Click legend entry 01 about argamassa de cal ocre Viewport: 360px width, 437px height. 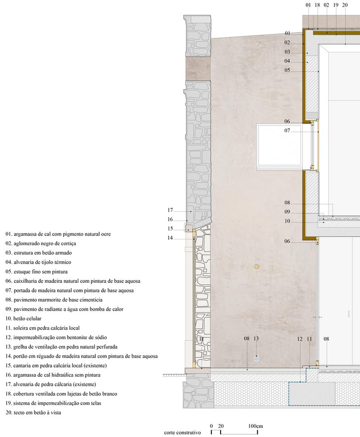58,234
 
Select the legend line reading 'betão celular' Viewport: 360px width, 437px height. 23,319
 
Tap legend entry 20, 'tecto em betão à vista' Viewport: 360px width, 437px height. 33,413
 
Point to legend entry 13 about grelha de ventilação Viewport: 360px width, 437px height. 61,347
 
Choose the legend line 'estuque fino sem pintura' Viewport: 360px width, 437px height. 36,271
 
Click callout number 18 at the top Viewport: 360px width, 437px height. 317,5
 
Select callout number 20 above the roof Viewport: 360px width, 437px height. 345,5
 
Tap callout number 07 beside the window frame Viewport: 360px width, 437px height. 287,131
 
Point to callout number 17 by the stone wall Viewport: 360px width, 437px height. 170,210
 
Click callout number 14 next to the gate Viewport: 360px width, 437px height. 170,238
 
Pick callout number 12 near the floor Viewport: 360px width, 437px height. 300,339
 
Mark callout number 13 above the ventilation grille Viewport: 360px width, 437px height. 256,338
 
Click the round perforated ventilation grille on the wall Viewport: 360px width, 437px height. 256,359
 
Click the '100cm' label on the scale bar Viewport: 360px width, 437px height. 256,426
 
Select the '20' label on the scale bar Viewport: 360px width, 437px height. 220,426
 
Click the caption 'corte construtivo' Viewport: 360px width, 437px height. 182,432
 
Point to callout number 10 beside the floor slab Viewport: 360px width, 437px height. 287,221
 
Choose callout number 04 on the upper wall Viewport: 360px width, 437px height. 287,61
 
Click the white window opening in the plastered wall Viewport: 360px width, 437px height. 279,145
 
